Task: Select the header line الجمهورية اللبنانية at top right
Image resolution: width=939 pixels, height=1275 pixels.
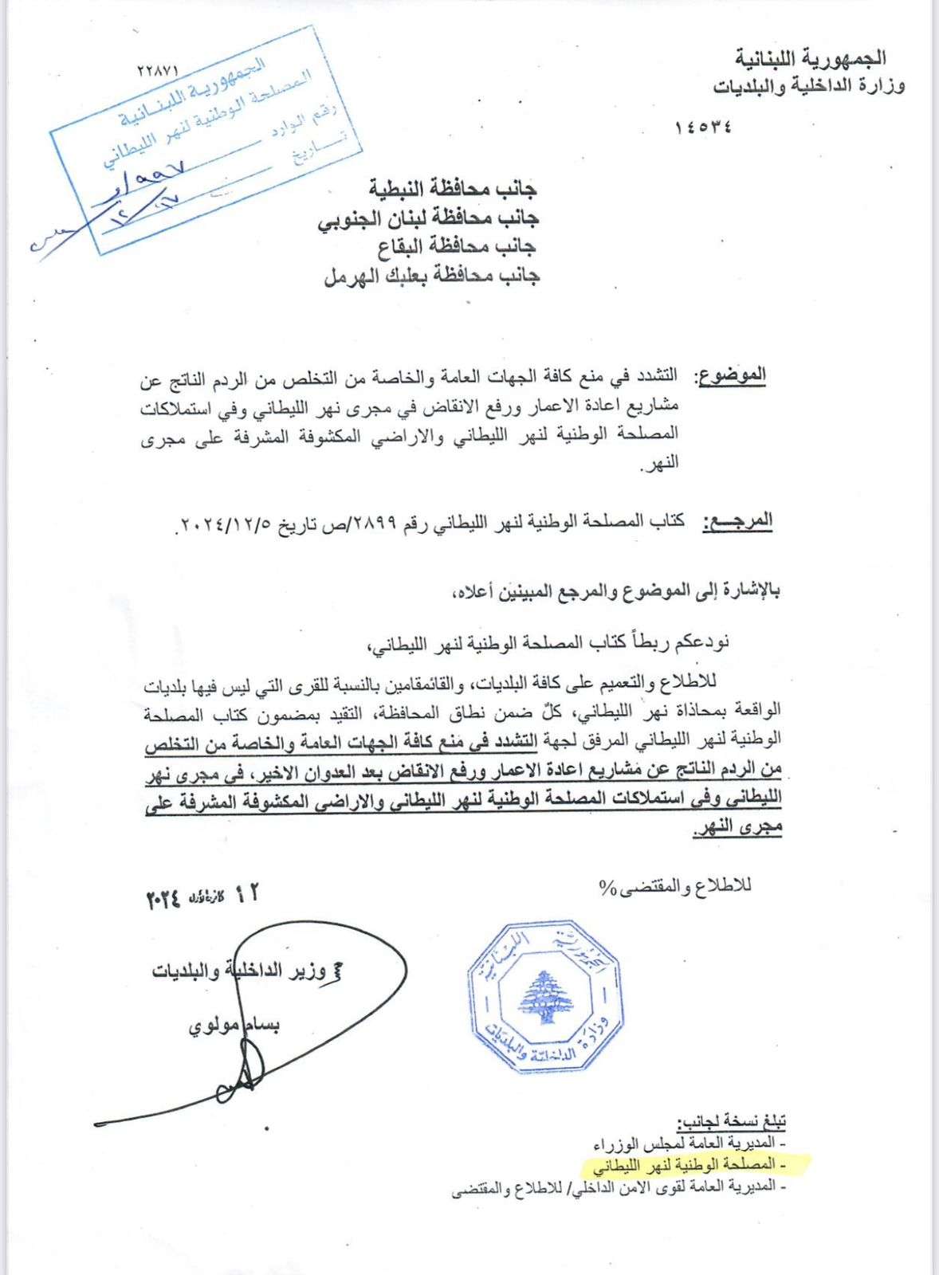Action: tap(810, 58)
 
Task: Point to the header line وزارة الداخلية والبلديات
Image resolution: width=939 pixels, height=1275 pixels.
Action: tap(808, 85)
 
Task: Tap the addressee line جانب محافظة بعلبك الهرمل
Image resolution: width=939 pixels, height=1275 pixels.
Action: tap(432, 276)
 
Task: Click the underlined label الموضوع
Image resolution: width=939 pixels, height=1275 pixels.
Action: tap(732, 375)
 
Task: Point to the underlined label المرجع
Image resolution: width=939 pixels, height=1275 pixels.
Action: tap(737, 521)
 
